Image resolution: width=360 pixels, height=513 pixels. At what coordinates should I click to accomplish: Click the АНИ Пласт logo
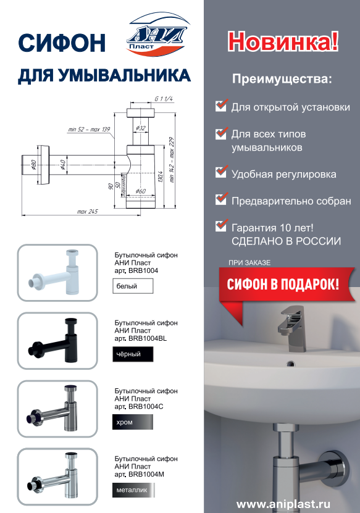pyautogui.click(x=158, y=35)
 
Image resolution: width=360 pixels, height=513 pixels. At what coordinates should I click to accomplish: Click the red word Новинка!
pyautogui.click(x=283, y=41)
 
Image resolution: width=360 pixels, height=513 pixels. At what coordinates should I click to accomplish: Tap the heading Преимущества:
pyautogui.click(x=282, y=79)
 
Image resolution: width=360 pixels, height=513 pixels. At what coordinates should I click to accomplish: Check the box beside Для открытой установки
pyautogui.click(x=221, y=106)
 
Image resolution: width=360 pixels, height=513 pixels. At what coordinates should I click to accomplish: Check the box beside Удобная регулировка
pyautogui.click(x=221, y=172)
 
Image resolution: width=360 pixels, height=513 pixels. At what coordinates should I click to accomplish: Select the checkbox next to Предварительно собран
pyautogui.click(x=221, y=199)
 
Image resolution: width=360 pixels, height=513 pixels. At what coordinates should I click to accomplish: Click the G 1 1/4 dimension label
pyautogui.click(x=164, y=99)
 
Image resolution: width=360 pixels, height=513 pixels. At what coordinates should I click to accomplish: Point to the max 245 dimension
pyautogui.click(x=88, y=211)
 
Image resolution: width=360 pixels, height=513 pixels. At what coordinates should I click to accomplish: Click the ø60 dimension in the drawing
pyautogui.click(x=141, y=191)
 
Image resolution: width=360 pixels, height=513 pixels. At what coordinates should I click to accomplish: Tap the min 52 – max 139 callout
pyautogui.click(x=89, y=129)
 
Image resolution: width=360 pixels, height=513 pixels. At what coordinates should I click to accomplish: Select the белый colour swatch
pyautogui.click(x=133, y=286)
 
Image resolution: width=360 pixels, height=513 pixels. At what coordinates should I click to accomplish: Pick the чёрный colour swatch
pyautogui.click(x=133, y=354)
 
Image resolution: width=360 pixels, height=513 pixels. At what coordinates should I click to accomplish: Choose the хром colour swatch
pyautogui.click(x=133, y=422)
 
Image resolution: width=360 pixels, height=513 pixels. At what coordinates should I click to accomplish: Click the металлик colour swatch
pyautogui.click(x=133, y=490)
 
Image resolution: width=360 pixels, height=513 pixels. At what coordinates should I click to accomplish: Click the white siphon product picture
pyautogui.click(x=57, y=273)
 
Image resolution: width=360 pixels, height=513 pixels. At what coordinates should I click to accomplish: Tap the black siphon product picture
pyautogui.click(x=57, y=341)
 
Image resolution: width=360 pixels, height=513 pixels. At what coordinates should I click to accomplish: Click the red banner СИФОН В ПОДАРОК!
pyautogui.click(x=283, y=284)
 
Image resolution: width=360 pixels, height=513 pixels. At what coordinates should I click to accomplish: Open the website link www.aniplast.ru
pyautogui.click(x=283, y=504)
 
